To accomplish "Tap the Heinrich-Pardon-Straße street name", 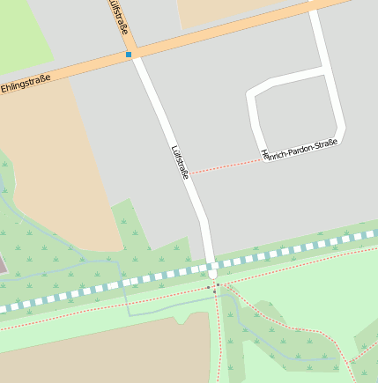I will (300, 147).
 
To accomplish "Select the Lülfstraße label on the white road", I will (180, 161).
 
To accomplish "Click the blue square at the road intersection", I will (129, 55).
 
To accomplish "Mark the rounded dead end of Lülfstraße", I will (211, 272).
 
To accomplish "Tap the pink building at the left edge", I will (2, 265).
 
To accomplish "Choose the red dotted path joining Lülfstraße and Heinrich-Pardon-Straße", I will (225, 166).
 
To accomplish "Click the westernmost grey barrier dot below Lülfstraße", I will (208, 287).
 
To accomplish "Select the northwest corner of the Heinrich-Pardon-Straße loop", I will (254, 91).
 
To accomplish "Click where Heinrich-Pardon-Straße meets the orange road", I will (313, 10).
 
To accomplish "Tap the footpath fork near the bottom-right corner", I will (348, 362).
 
